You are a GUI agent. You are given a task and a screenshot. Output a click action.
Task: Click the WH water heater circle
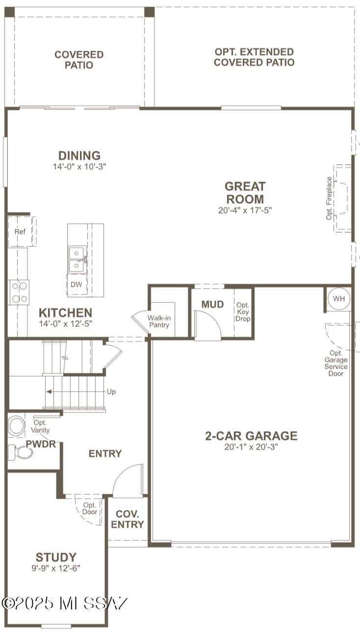click(x=339, y=299)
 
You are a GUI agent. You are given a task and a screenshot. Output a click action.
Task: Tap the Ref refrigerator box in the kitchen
click(x=20, y=232)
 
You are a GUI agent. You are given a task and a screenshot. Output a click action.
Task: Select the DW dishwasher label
click(x=76, y=285)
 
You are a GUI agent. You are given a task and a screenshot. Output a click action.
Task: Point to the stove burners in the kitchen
click(x=19, y=292)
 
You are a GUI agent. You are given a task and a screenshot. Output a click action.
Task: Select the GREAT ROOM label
click(x=245, y=193)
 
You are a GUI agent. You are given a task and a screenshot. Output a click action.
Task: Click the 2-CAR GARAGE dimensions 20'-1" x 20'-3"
click(x=251, y=447)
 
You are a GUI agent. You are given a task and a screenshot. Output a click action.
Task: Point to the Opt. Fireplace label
click(x=329, y=198)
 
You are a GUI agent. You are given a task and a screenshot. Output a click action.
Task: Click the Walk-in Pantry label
click(x=158, y=321)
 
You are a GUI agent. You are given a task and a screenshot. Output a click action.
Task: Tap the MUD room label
click(x=212, y=304)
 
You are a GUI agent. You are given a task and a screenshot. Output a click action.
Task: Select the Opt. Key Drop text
click(x=243, y=312)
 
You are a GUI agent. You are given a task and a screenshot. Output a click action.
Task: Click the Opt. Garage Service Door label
click(x=337, y=363)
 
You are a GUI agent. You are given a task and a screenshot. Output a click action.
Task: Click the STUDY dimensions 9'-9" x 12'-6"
click(x=56, y=568)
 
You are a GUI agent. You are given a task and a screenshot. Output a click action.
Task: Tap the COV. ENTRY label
click(x=128, y=519)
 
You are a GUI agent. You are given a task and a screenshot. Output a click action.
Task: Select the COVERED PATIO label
click(x=79, y=60)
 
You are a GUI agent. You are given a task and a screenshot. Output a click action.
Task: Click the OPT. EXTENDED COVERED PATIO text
click(x=254, y=57)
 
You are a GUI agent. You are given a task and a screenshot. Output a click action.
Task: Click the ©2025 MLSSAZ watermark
click(x=65, y=603)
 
